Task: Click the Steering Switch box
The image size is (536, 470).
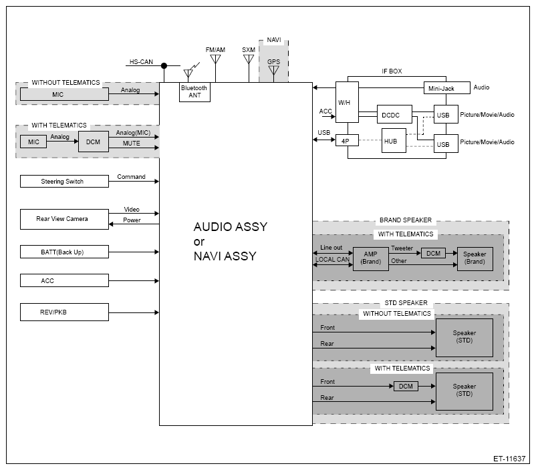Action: [64, 182]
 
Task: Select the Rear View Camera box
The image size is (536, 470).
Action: [64, 219]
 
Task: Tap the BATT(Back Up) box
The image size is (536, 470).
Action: [64, 252]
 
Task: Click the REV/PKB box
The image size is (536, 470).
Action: [64, 312]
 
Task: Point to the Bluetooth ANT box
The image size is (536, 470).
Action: [194, 92]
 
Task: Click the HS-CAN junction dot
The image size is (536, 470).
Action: [164, 65]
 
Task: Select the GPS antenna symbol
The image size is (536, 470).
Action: [273, 71]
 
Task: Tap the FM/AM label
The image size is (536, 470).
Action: [215, 50]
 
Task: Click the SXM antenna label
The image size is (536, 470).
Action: [249, 50]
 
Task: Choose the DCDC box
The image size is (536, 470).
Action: [394, 114]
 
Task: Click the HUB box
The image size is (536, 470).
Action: [394, 140]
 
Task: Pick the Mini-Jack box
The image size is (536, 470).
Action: [447, 87]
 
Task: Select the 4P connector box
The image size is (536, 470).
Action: [347, 140]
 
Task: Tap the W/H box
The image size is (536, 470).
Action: [347, 102]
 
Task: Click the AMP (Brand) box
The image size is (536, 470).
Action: [370, 259]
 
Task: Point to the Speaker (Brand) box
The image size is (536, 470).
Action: [475, 259]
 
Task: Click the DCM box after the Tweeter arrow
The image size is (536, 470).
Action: [433, 253]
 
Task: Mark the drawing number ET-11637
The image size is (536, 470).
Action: [509, 459]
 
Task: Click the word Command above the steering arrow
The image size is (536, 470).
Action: [131, 177]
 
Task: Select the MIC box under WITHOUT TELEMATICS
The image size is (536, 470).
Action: [64, 94]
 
